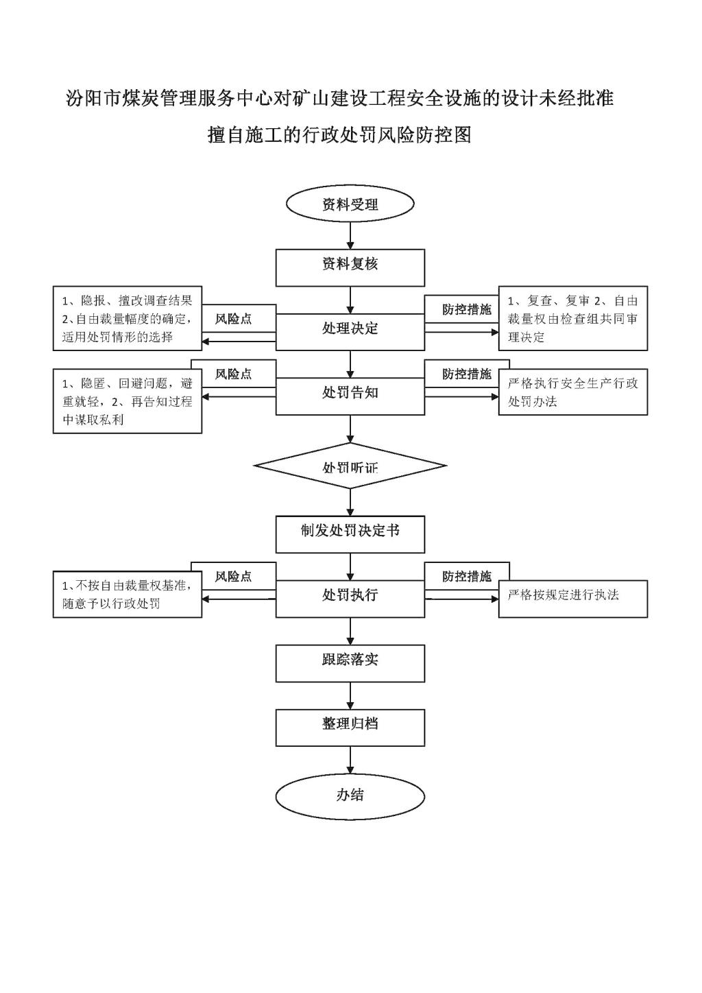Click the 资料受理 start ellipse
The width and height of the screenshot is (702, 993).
coord(350,204)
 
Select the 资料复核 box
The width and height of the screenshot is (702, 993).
coord(350,267)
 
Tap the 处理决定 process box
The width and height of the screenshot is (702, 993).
coord(350,332)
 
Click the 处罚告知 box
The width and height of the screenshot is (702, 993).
coord(350,396)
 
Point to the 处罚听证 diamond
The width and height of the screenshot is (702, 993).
coord(350,466)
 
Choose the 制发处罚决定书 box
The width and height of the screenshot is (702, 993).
coord(350,534)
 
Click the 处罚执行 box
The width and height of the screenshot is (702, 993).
coord(350,599)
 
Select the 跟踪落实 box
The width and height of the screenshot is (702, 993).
coord(350,663)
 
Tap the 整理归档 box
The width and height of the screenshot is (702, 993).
coord(350,728)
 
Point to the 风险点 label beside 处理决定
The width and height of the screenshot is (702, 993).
coord(234,319)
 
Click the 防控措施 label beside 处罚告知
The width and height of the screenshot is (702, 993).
coord(467,374)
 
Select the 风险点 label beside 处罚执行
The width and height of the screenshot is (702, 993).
coord(234,576)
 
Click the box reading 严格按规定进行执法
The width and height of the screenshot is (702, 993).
coord(573,599)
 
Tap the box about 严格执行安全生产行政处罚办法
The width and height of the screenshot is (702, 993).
coord(573,392)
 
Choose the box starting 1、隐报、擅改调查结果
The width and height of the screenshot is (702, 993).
coord(128,318)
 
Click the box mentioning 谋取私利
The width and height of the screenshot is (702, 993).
coord(128,400)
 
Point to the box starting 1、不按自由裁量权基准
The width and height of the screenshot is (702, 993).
coord(128,595)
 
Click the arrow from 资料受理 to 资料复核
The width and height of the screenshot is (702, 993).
coord(350,236)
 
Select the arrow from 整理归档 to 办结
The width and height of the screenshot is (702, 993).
coord(350,761)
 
